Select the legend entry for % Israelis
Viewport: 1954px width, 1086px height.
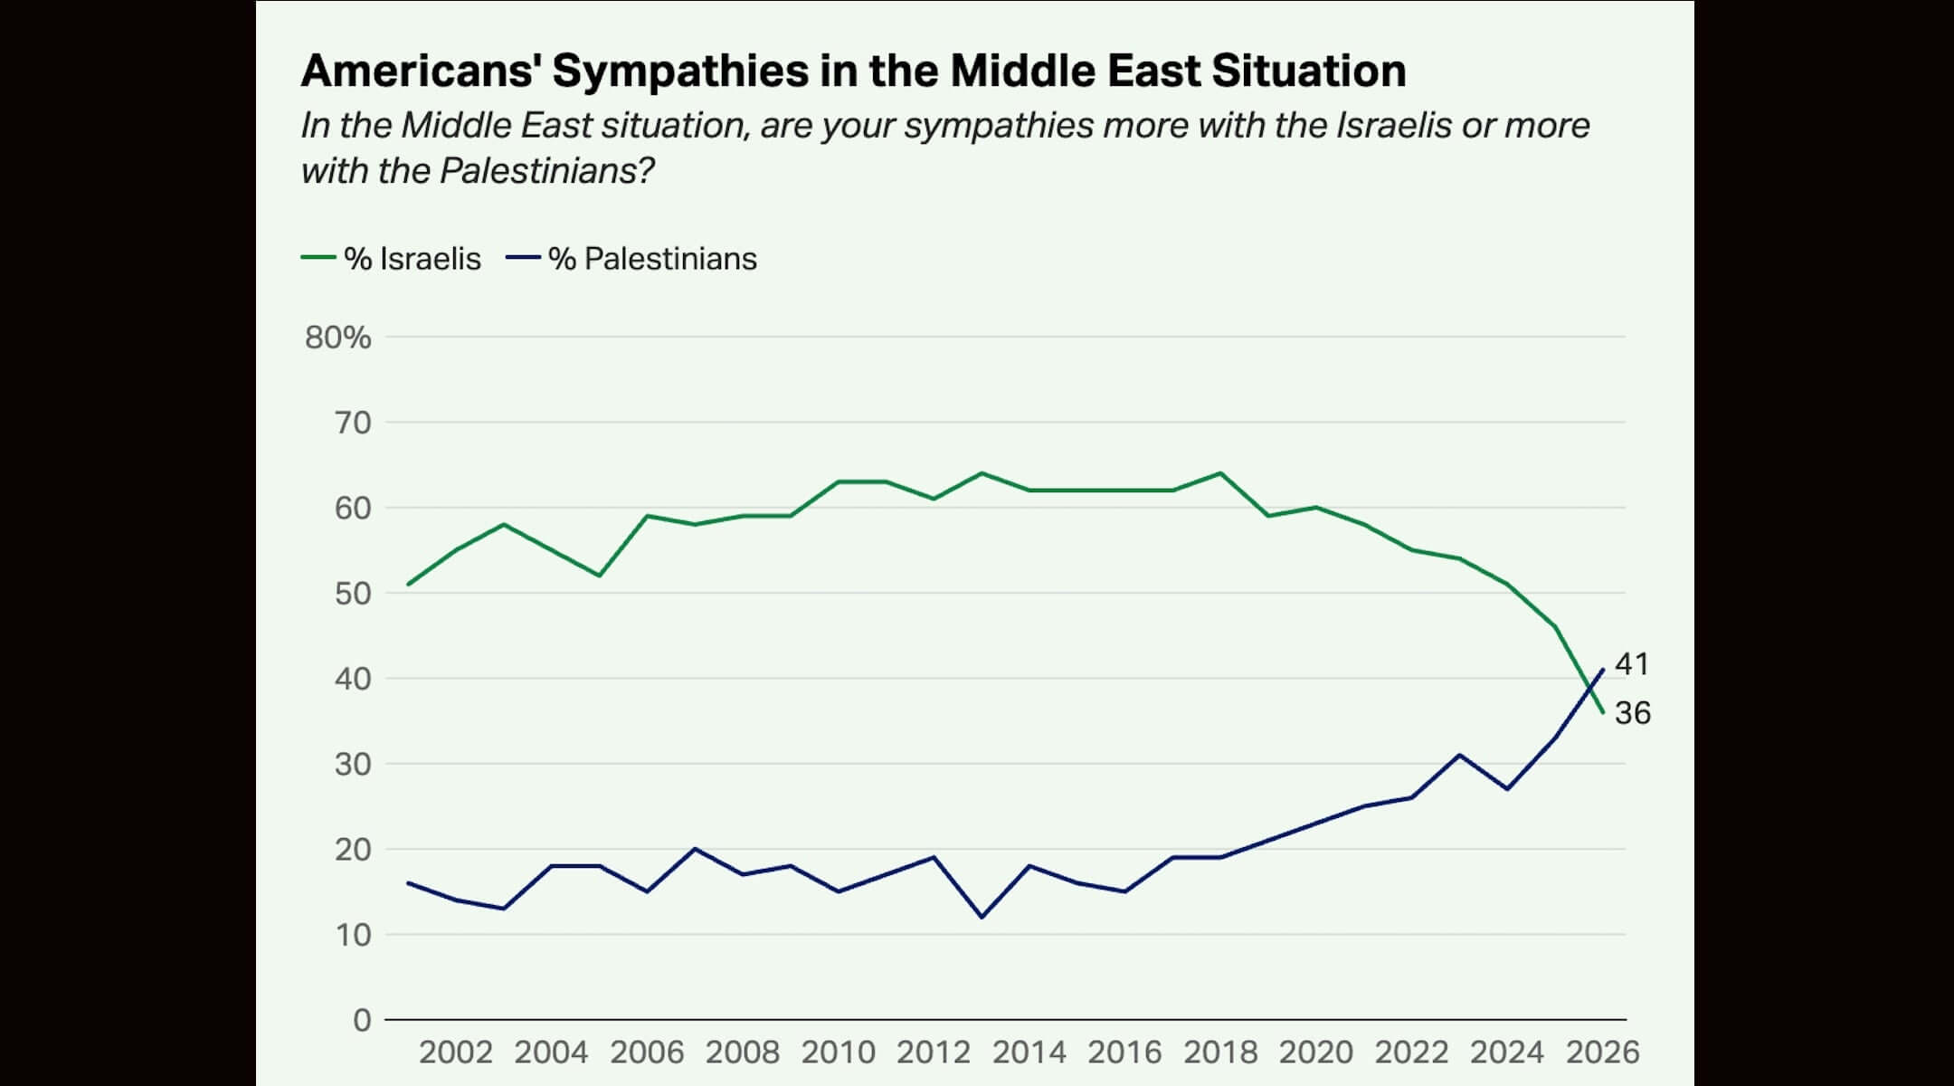(x=391, y=259)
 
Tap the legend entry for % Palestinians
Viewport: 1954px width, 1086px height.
(x=631, y=259)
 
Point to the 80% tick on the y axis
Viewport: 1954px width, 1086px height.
(x=337, y=338)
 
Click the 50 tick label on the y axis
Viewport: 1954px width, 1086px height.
(x=353, y=594)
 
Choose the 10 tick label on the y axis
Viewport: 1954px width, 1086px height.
(x=353, y=935)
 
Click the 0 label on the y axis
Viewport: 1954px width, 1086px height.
(x=362, y=1020)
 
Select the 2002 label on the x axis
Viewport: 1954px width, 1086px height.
(x=456, y=1053)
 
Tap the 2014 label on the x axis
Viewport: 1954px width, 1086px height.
(x=1029, y=1053)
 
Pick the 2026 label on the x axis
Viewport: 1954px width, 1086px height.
(x=1602, y=1053)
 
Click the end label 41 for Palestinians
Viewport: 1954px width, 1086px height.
(x=1632, y=664)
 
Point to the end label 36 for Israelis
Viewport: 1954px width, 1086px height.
(x=1632, y=713)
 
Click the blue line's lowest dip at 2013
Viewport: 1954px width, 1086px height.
(x=982, y=918)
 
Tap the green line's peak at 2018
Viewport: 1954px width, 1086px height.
(x=1221, y=473)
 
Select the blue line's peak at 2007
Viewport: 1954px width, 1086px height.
(x=695, y=849)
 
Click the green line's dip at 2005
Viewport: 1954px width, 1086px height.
(x=599, y=576)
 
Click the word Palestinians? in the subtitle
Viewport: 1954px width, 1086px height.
(x=546, y=171)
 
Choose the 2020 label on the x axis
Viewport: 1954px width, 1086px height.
(x=1316, y=1053)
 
